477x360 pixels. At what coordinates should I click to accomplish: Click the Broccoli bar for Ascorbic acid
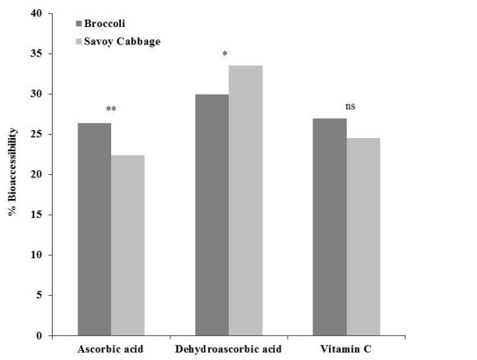(x=94, y=229)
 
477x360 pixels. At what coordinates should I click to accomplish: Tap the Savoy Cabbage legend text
(x=123, y=39)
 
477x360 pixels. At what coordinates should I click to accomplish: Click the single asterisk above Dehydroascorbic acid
(x=225, y=55)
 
